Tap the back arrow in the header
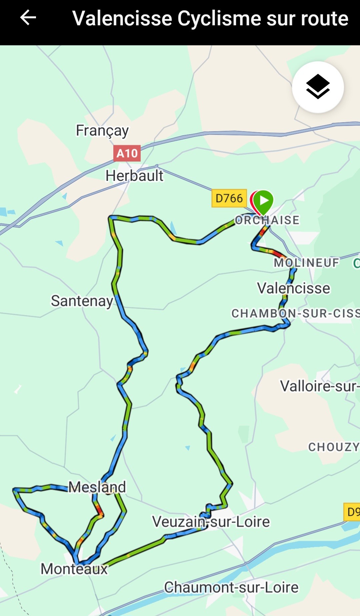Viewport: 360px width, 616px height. (28, 18)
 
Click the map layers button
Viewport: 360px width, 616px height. (318, 87)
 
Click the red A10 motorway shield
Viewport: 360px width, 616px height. (127, 153)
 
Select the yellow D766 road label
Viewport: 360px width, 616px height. (229, 198)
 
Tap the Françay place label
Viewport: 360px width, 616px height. (102, 131)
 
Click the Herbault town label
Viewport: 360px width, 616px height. (134, 176)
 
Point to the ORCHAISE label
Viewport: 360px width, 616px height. (267, 220)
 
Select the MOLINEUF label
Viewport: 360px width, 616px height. (306, 263)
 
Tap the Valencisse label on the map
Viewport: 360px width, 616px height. (293, 288)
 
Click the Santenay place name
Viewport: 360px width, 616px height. (82, 301)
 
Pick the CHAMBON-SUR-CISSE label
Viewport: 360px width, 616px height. (295, 313)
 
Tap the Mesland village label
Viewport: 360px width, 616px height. (97, 487)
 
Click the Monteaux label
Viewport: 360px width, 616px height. (74, 569)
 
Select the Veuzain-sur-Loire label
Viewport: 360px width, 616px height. (211, 522)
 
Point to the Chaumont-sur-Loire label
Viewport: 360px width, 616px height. (231, 587)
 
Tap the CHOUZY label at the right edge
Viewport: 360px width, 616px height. (333, 447)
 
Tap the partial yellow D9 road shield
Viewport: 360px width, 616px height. (352, 512)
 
